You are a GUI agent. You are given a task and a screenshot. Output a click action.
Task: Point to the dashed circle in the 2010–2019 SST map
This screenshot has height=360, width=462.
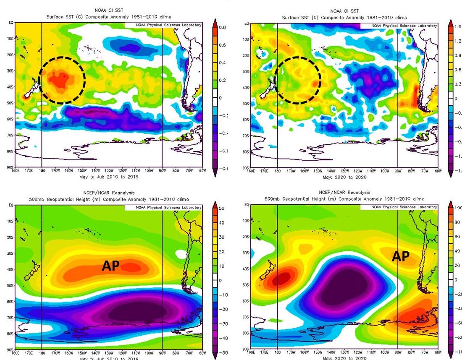tap(62, 80)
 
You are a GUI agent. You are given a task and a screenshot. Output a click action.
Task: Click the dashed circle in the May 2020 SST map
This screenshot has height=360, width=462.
tap(297, 80)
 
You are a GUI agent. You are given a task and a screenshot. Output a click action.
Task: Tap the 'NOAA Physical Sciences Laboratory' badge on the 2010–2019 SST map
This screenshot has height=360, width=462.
tap(163, 25)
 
